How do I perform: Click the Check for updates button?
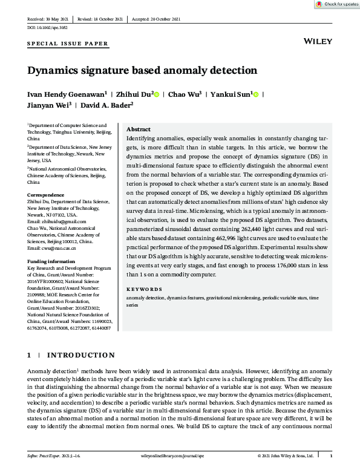[x=337, y=4]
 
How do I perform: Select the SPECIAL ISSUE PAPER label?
[x=68, y=44]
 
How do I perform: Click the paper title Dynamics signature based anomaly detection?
[x=142, y=70]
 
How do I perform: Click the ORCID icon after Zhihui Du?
[x=157, y=95]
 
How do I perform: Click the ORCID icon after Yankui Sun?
[x=256, y=95]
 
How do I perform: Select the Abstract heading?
[x=139, y=129]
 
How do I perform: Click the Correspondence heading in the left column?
[x=46, y=195]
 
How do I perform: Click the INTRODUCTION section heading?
[x=81, y=355]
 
